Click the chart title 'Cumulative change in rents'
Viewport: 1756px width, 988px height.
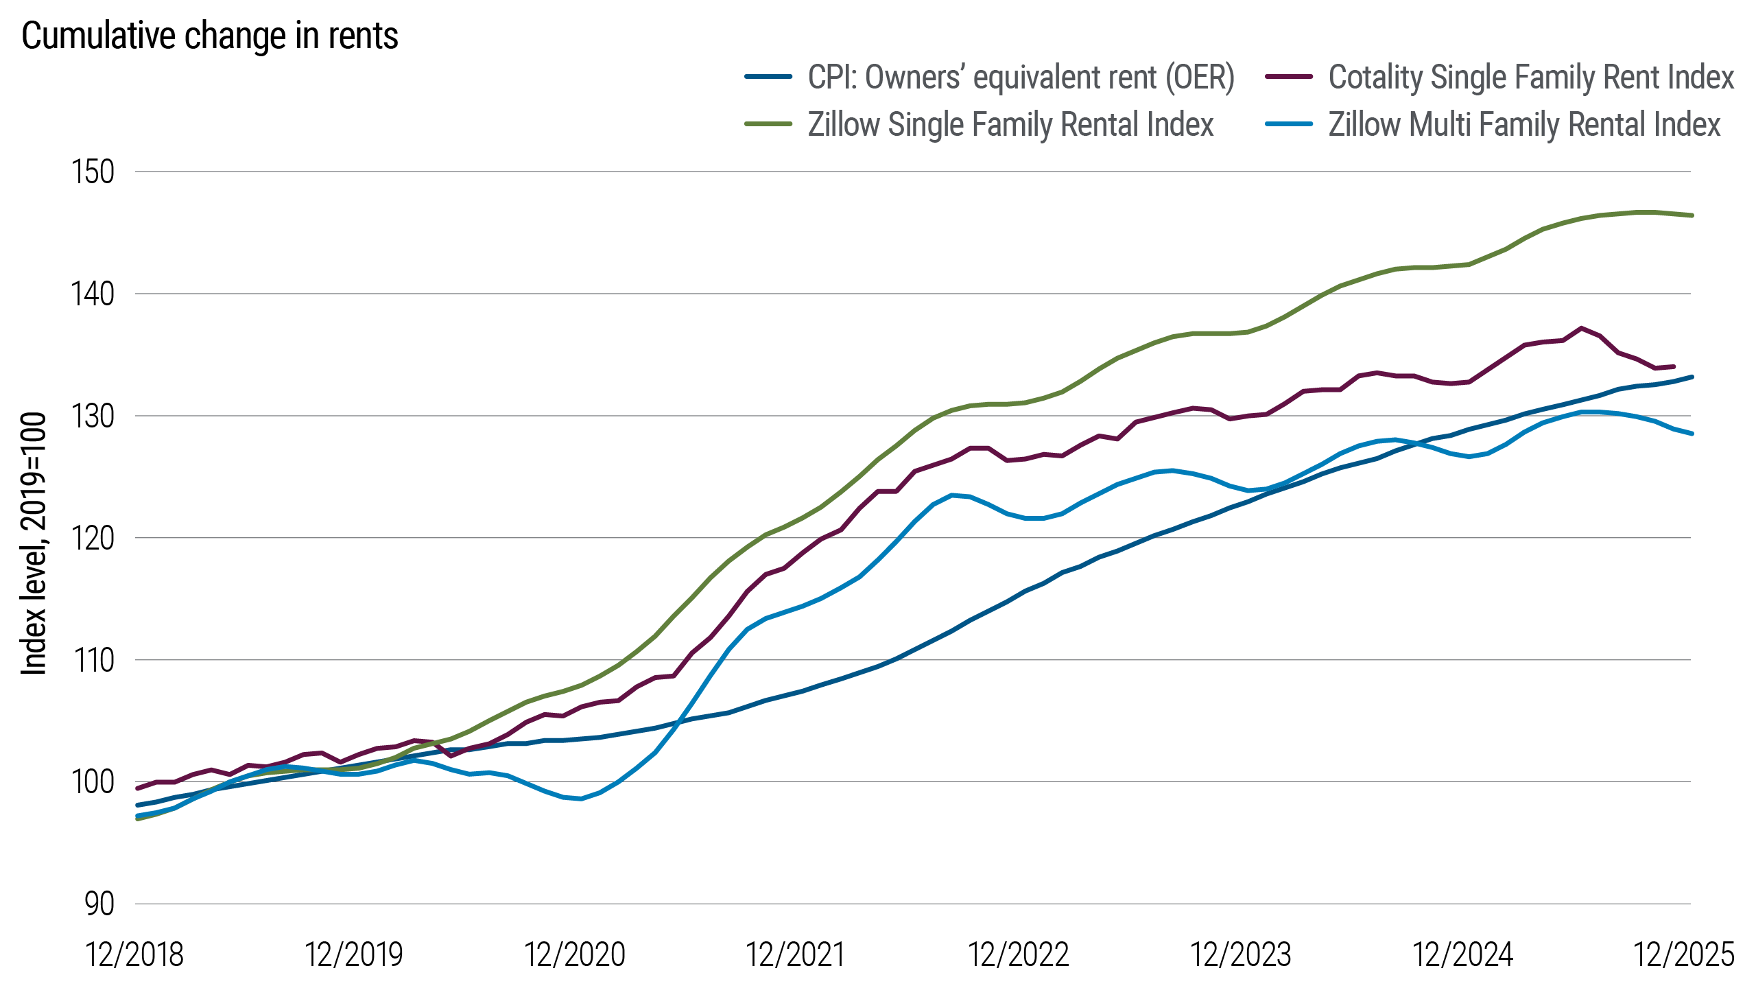click(209, 36)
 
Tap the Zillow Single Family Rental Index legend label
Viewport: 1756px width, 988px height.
click(1010, 125)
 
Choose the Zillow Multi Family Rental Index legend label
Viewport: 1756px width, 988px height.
click(1524, 125)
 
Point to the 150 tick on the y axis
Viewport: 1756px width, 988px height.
click(93, 172)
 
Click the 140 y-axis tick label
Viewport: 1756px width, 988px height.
click(93, 294)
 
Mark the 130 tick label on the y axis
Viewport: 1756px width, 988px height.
click(93, 416)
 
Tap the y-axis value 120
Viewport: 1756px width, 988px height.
click(93, 538)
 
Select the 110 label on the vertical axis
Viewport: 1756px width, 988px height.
click(93, 660)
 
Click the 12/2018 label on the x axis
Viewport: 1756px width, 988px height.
click(134, 954)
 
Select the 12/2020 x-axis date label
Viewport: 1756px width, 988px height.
click(575, 954)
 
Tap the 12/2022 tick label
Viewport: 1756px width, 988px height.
click(1018, 954)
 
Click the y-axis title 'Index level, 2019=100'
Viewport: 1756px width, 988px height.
click(33, 543)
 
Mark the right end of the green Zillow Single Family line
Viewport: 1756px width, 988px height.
click(1692, 215)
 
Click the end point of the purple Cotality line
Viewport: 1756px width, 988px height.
click(1674, 366)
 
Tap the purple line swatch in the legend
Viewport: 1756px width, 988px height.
click(1289, 77)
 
